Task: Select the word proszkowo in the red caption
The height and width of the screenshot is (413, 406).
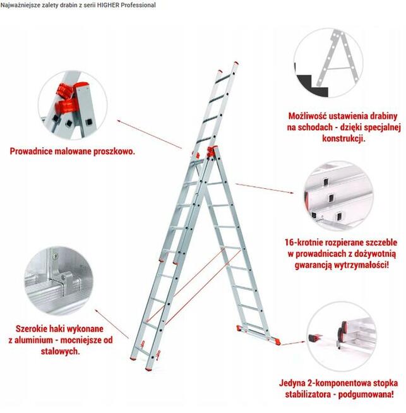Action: pos(114,152)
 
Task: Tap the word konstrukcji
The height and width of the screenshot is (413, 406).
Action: pos(344,138)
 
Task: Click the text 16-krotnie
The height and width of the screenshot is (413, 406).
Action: pos(303,242)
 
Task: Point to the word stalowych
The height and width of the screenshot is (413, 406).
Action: pos(60,351)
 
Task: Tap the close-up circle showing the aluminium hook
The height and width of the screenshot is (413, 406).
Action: pos(59,281)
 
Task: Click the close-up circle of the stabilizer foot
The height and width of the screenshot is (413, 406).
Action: pos(342,337)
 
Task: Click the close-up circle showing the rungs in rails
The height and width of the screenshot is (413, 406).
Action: pos(339,195)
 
